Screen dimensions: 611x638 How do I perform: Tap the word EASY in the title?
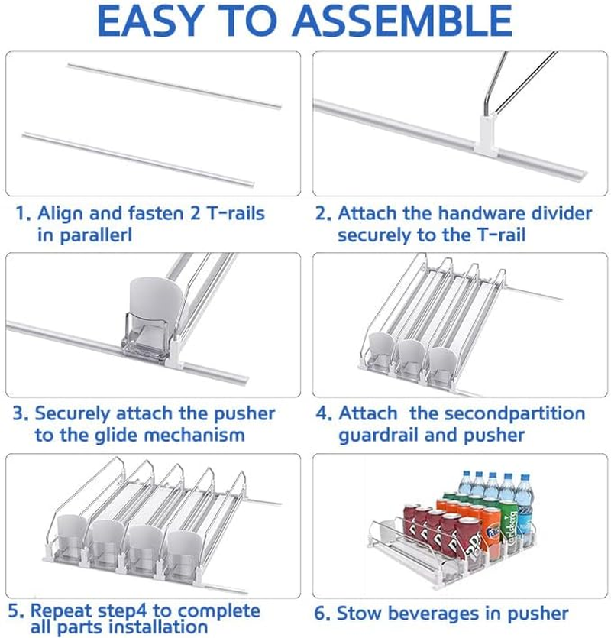[150, 21]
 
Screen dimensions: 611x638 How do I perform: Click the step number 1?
[23, 213]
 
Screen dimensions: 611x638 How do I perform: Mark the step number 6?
[322, 614]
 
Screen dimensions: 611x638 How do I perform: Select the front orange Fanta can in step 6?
[490, 534]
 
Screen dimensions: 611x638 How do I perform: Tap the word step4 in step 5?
[121, 611]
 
